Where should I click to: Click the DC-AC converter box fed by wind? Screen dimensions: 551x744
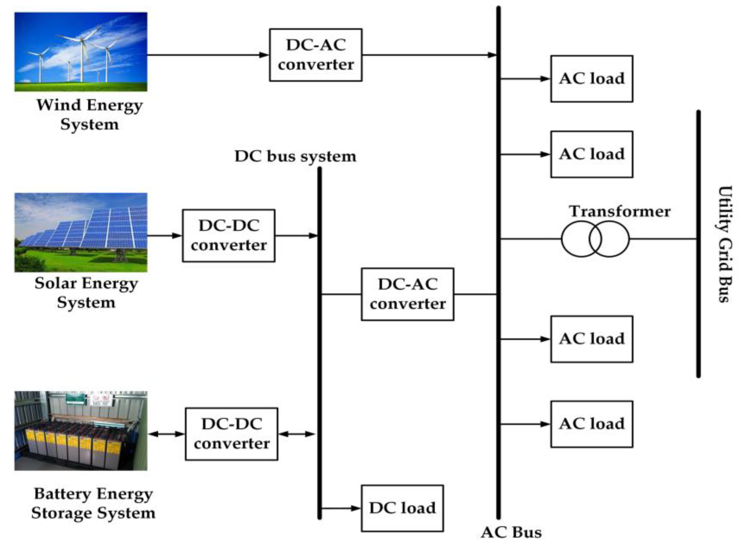[x=315, y=55]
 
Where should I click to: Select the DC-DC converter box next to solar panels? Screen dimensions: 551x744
[x=229, y=236]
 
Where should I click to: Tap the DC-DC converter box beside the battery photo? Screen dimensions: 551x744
[x=231, y=434]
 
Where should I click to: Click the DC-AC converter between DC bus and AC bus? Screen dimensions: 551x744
[x=407, y=294]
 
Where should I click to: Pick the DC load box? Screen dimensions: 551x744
[x=402, y=508]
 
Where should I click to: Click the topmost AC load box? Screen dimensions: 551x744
[x=591, y=79]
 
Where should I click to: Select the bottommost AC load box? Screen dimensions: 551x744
[x=591, y=424]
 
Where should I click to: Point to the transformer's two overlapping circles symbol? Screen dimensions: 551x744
[x=595, y=239]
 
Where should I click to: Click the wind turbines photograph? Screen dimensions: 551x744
[x=81, y=52]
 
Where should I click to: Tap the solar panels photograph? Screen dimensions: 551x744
[x=81, y=232]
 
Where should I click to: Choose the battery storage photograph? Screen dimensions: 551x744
[x=81, y=430]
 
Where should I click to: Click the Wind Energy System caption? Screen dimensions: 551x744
[x=89, y=114]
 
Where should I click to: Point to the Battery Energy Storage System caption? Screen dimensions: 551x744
[x=93, y=503]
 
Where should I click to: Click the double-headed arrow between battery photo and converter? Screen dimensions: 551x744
[x=166, y=434]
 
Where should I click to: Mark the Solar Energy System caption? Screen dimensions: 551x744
[x=86, y=292]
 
